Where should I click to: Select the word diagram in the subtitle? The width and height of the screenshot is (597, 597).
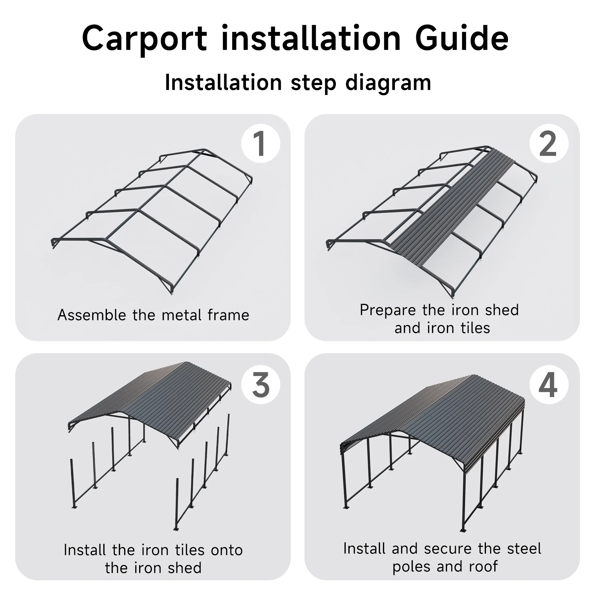click(388, 84)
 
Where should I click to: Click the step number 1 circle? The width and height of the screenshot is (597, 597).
click(261, 144)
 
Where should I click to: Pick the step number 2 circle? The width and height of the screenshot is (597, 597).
click(549, 144)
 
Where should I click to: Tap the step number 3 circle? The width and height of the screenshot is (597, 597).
click(261, 385)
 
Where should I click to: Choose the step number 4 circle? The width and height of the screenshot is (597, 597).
click(549, 385)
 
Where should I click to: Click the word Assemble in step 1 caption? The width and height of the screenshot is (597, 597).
click(92, 315)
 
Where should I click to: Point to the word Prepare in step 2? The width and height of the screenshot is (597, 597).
click(387, 310)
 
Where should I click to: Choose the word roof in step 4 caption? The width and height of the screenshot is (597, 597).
click(483, 567)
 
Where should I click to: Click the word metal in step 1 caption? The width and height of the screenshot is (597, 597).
click(179, 315)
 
